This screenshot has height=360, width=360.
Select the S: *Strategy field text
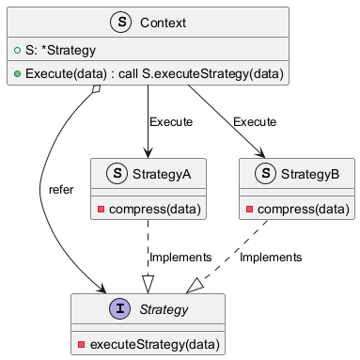click(x=57, y=49)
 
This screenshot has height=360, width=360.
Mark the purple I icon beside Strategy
click(x=118, y=309)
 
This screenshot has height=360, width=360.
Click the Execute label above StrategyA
click(x=171, y=122)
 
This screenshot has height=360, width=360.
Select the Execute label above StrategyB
click(x=255, y=122)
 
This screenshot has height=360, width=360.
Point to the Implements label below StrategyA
click(x=180, y=257)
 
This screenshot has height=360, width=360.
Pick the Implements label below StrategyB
click(x=271, y=257)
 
